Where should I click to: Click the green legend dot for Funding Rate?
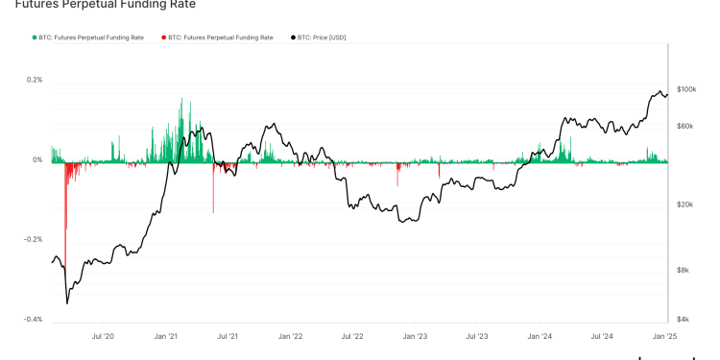tap(33, 37)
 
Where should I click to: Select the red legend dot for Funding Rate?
tap(162, 37)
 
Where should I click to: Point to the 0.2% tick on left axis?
tap(35, 80)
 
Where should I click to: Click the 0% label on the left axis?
tap(37, 160)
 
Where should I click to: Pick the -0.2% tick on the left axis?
tap(34, 239)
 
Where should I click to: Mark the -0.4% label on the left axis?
tap(34, 319)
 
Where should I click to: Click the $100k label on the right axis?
tap(685, 89)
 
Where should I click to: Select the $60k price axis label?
tap(684, 126)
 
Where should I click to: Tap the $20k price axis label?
tap(684, 204)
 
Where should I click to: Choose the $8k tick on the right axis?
tap(682, 271)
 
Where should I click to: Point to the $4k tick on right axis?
tap(682, 320)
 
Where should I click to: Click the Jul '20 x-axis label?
tap(103, 337)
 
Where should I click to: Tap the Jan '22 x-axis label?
tap(291, 337)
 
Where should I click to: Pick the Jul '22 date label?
tap(352, 337)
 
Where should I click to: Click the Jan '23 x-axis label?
tap(416, 337)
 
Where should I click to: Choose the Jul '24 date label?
tap(603, 337)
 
